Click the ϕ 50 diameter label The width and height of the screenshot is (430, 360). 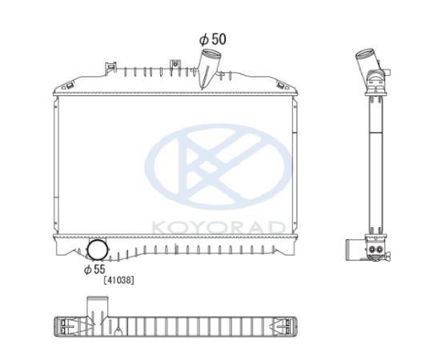212,39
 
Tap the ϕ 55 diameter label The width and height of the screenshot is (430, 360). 94,270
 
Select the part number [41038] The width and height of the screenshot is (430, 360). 119,281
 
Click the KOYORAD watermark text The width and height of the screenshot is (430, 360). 219,228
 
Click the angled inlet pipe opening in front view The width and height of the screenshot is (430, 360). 211,53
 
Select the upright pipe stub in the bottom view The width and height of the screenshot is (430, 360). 98,307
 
